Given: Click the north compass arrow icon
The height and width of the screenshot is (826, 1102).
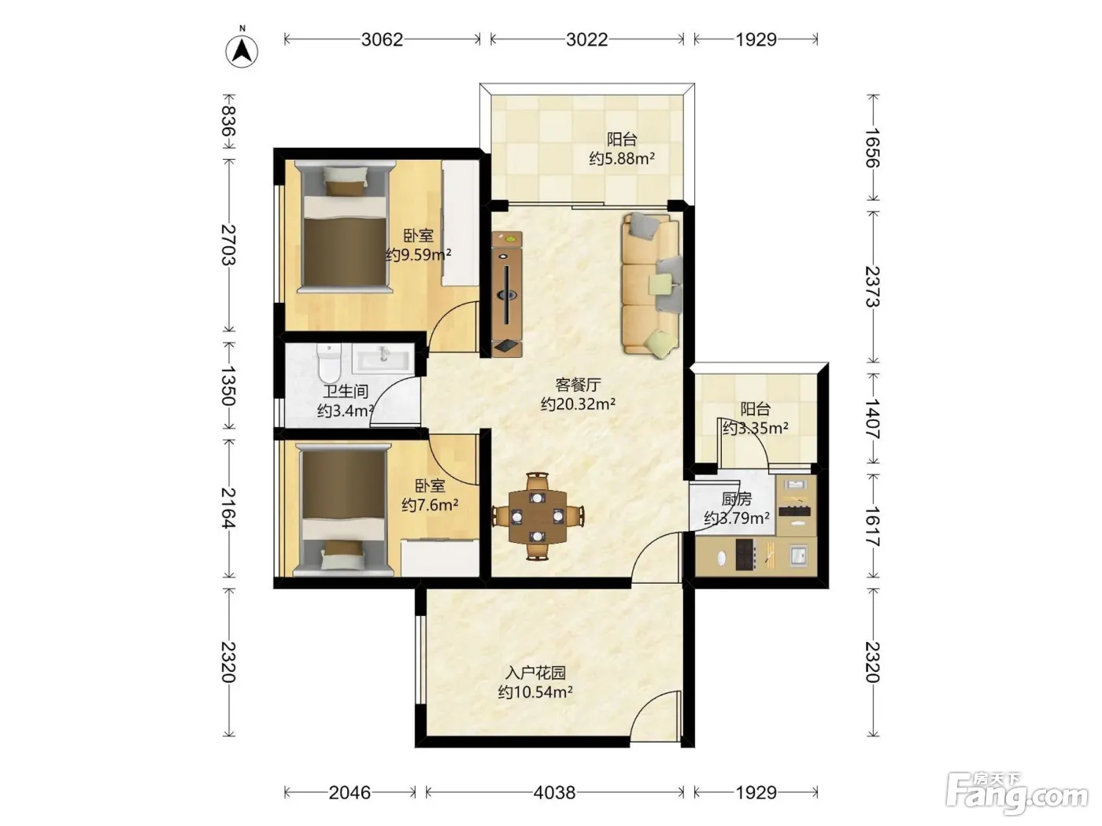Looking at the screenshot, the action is click(242, 52).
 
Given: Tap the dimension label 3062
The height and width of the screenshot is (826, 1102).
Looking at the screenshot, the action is click(382, 39).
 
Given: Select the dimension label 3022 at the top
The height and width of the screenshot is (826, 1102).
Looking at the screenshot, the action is click(586, 39).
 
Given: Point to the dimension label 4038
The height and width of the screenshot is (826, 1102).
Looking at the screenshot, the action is click(554, 792).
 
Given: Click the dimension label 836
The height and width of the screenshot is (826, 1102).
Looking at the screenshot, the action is click(228, 121).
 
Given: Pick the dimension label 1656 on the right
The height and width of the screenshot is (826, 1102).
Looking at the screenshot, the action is click(873, 148).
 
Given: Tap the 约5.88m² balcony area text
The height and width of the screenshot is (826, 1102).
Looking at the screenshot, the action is click(622, 159).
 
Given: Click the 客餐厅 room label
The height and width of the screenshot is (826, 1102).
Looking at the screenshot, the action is click(579, 385).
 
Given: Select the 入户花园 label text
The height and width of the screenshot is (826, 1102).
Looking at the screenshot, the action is click(536, 673).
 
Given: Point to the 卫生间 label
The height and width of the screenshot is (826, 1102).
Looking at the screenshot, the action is click(346, 392).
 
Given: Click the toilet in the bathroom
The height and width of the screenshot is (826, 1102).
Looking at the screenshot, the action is click(329, 362).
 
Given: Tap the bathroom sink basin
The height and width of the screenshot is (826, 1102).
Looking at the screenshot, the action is click(383, 358).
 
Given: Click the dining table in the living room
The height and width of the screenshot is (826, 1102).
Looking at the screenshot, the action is click(538, 517).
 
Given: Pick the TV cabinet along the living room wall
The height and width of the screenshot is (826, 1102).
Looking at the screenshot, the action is click(507, 294).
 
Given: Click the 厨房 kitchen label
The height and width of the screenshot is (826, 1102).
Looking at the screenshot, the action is click(737, 499).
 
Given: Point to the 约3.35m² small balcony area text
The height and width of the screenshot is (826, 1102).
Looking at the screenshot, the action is click(755, 428).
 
